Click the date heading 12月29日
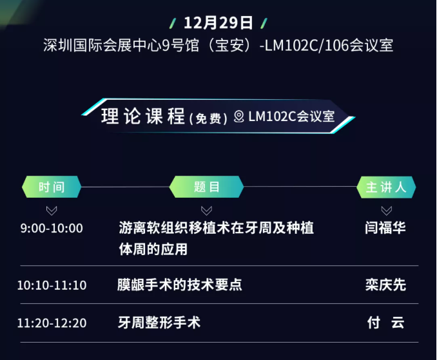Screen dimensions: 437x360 [218, 23]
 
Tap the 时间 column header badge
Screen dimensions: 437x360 [52, 187]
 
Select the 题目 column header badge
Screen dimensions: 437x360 [206, 187]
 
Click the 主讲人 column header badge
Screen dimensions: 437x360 [386, 187]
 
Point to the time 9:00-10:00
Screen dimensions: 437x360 [52, 229]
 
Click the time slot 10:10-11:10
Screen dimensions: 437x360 [52, 285]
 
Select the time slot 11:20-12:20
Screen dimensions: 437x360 [52, 323]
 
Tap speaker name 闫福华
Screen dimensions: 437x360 [385, 228]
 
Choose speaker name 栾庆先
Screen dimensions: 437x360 [385, 285]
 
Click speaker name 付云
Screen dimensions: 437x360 [385, 323]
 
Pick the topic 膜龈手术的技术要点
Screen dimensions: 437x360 [180, 285]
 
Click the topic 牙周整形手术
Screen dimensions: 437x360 [159, 323]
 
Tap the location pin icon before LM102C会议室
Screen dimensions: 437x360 [239, 117]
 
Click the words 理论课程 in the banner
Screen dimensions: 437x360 [143, 116]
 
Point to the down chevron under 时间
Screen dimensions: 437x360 [52, 211]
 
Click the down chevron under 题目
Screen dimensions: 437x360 [206, 211]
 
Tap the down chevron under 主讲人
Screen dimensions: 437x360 [387, 211]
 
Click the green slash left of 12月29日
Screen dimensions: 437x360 [173, 23]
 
